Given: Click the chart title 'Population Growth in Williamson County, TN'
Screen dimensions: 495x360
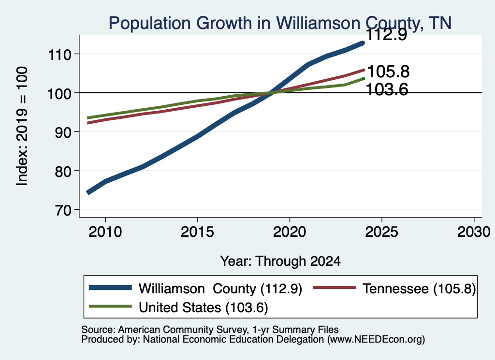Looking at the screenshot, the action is tap(280, 23).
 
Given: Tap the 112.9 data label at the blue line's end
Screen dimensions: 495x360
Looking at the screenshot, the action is tap(387, 35).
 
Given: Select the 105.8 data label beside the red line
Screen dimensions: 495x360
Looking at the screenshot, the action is tap(388, 72).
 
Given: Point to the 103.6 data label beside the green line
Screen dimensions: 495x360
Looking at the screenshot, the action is tap(387, 89).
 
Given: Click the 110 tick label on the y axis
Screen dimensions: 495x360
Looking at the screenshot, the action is tap(59, 55).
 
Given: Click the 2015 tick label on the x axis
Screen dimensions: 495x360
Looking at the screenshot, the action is tap(197, 232).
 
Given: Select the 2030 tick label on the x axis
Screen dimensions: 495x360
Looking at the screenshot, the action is tap(474, 232).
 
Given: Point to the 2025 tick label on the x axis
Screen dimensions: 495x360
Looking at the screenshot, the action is tap(382, 232).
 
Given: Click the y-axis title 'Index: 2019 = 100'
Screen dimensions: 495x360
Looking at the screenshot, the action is tap(22, 126).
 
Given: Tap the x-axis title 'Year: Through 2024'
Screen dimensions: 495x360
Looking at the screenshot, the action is tap(280, 261).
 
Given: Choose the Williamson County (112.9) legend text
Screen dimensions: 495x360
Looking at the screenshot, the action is tap(220, 288).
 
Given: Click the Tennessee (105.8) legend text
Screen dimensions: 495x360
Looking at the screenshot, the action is tap(419, 288).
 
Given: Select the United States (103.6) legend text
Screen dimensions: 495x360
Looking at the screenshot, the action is tap(204, 307).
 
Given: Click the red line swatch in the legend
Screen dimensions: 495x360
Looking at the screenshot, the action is tap(334, 288).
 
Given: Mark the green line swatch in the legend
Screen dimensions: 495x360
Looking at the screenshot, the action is tap(110, 306).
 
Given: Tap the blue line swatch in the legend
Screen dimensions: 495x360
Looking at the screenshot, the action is tap(110, 288).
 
